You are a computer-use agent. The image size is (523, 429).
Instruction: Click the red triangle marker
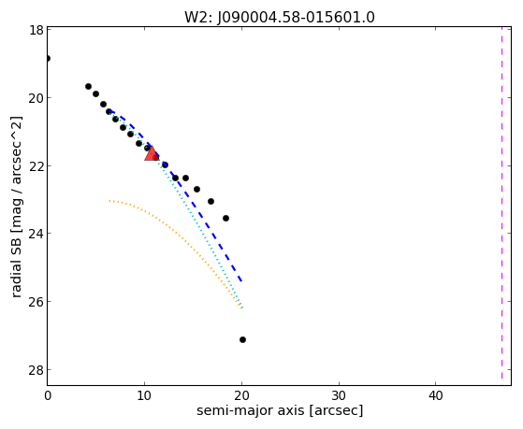152,153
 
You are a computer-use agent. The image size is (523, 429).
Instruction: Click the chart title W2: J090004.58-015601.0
280,17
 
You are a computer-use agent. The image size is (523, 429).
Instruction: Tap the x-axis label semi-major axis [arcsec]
280,410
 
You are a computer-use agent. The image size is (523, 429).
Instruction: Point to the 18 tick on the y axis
36,30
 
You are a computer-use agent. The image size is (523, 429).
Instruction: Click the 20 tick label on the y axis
36,98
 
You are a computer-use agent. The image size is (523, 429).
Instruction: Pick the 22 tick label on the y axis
36,166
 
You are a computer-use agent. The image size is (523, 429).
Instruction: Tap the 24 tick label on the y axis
36,234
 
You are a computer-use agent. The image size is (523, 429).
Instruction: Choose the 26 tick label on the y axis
36,302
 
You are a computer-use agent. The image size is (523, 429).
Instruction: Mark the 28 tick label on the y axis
36,370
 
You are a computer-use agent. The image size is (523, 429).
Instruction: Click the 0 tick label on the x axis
48,396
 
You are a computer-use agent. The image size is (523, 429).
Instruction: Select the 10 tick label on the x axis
144,396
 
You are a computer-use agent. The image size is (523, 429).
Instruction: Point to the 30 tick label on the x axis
339,396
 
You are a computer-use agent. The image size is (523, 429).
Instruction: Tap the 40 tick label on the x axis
436,396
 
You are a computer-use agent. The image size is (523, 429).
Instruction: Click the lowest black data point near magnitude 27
243,339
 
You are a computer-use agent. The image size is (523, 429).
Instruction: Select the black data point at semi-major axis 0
48,58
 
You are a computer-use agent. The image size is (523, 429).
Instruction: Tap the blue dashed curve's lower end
241,282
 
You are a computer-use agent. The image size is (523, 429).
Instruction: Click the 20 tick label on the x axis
241,396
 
